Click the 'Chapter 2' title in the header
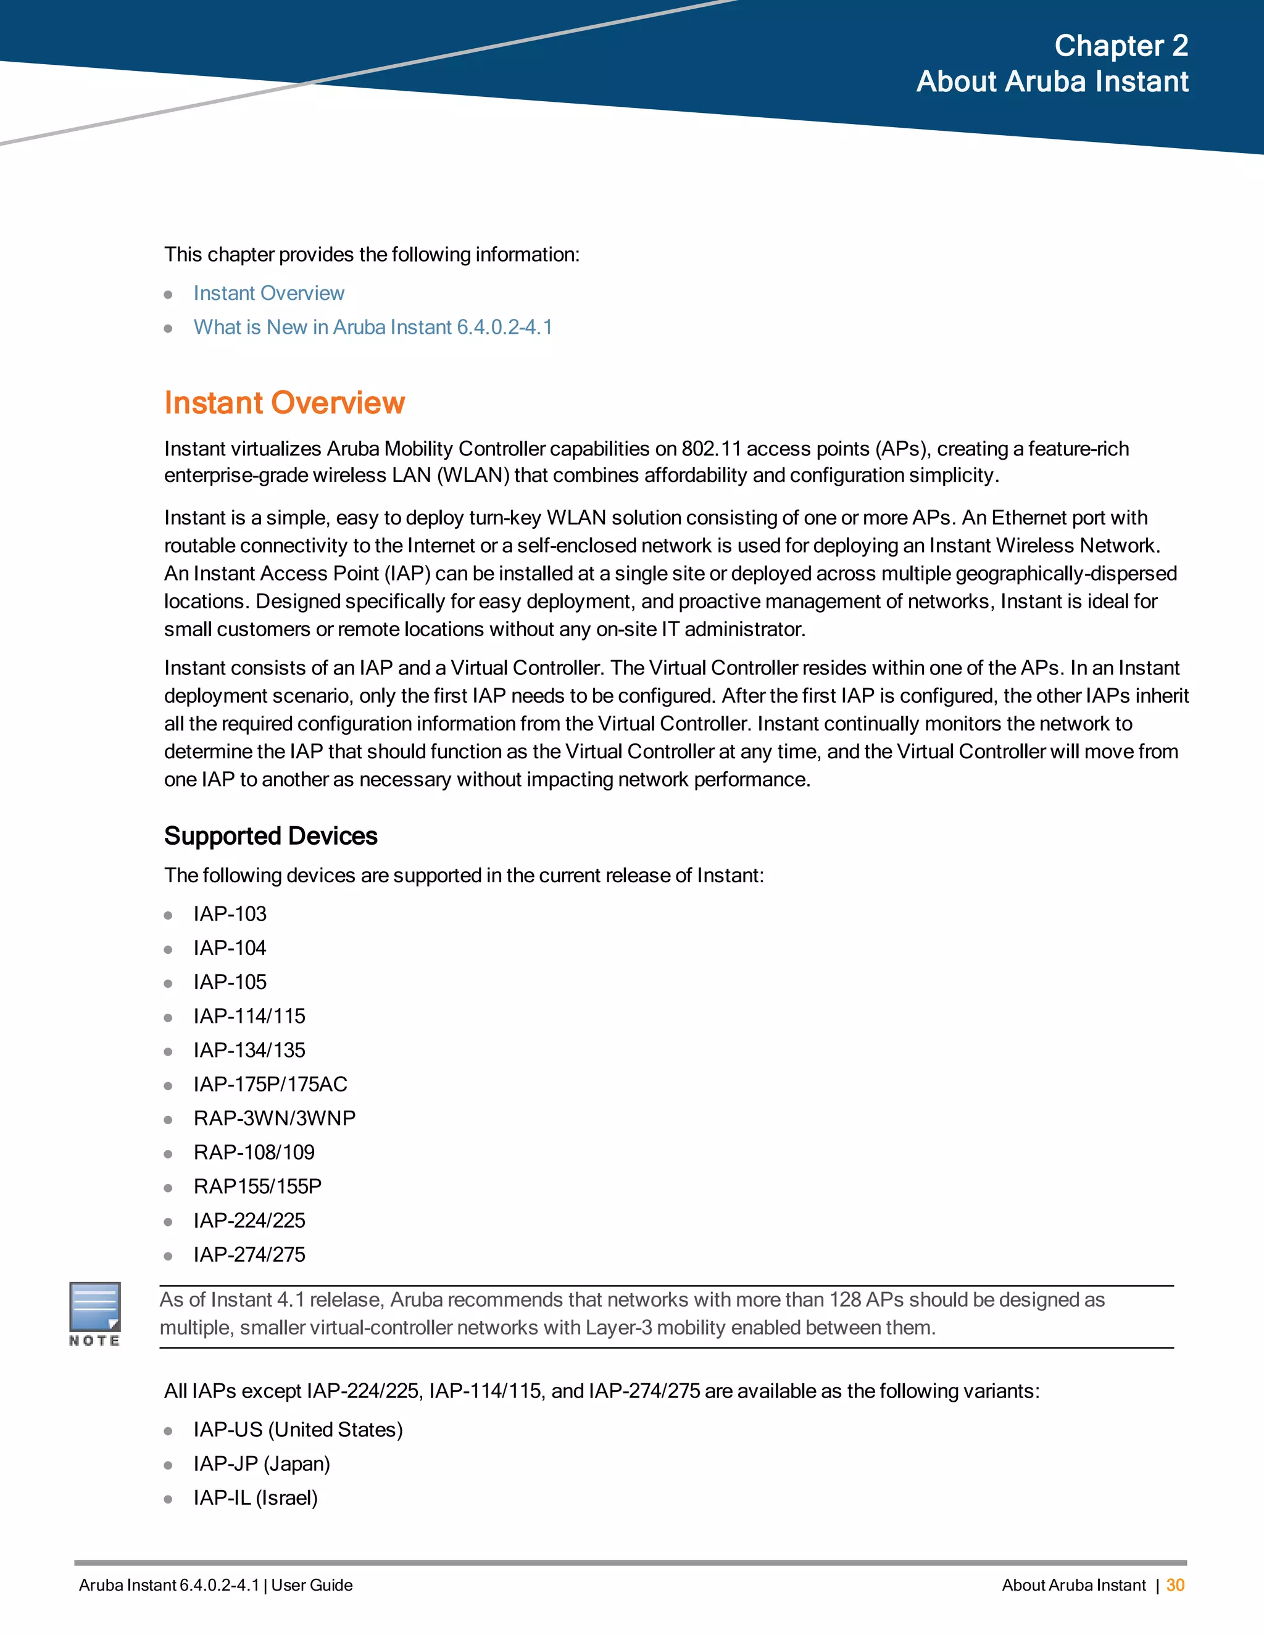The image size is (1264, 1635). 1121,46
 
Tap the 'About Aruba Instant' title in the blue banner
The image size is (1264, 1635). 1052,81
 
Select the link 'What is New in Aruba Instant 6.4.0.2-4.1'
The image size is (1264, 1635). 373,327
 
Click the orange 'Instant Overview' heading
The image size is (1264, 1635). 285,403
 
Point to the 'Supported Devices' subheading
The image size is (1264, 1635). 270,835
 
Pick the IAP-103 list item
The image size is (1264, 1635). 230,914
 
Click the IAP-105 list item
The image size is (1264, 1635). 230,982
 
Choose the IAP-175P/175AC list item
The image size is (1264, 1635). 270,1084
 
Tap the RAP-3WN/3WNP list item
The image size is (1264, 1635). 274,1119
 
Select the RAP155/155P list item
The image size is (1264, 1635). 257,1186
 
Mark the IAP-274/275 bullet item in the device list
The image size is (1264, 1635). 249,1255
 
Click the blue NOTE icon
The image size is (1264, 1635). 95,1307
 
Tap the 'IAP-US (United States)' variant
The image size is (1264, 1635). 298,1430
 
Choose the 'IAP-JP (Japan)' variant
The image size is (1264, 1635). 261,1463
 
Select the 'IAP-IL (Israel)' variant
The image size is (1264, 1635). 256,1498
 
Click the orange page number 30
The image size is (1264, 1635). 1175,1585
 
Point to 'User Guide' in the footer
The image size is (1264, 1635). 312,1585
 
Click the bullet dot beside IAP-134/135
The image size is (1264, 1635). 168,1051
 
